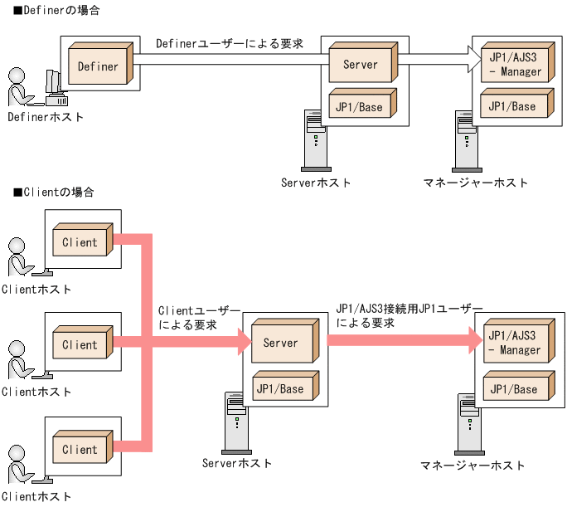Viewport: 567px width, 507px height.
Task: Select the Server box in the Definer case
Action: coord(361,63)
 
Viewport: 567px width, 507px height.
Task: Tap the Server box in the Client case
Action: coord(281,342)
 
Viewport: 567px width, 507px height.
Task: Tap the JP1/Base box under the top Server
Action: coord(361,106)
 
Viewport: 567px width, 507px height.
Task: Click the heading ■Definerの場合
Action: coord(55,11)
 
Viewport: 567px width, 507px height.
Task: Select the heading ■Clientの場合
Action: coord(53,192)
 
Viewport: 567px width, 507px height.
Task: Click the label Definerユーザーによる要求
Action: coord(230,43)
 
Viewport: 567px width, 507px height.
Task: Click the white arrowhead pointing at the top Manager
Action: coord(474,60)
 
